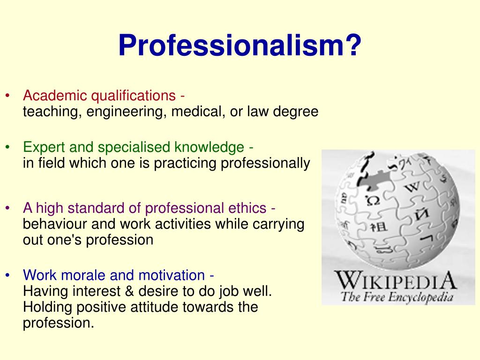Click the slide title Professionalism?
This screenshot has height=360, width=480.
(x=240, y=46)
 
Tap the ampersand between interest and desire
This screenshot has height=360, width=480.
(x=130, y=291)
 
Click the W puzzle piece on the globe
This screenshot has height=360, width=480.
(x=412, y=187)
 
